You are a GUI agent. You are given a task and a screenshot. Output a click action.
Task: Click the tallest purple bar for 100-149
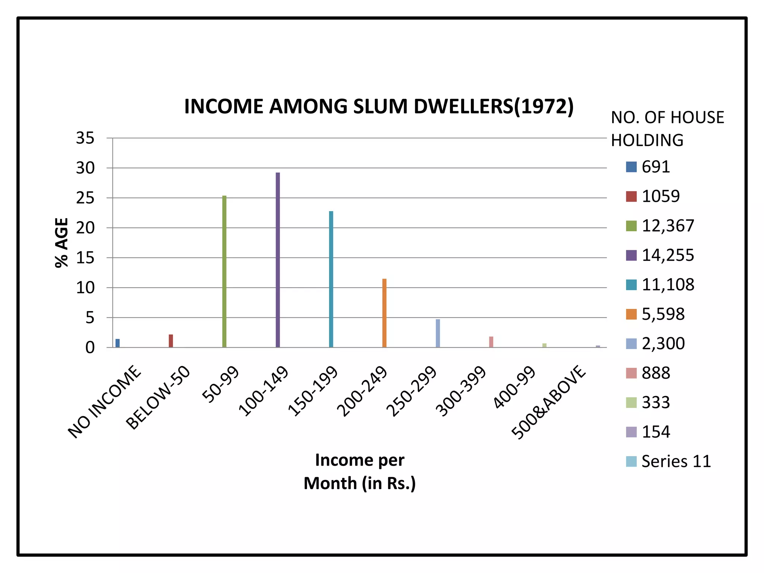pyautogui.click(x=278, y=260)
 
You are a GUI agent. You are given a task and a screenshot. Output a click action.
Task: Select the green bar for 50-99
pyautogui.click(x=224, y=272)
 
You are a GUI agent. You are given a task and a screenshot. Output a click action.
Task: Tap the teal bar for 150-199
pyautogui.click(x=331, y=279)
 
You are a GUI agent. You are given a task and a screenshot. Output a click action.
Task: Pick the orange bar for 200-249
pyautogui.click(x=384, y=313)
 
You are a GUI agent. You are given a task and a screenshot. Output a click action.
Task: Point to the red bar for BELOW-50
pyautogui.click(x=171, y=341)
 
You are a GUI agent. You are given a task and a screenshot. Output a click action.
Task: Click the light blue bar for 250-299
pyautogui.click(x=438, y=333)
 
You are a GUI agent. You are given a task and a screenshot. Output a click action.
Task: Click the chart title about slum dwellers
pyautogui.click(x=379, y=107)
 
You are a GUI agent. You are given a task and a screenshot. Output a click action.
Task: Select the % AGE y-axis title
pyautogui.click(x=62, y=243)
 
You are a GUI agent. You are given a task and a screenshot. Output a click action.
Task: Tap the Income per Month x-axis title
pyautogui.click(x=360, y=472)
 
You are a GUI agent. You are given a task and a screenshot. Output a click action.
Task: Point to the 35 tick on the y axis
pyautogui.click(x=85, y=138)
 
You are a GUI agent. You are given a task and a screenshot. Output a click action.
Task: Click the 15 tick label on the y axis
pyautogui.click(x=85, y=258)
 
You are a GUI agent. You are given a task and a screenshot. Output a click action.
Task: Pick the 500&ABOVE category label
pyautogui.click(x=548, y=402)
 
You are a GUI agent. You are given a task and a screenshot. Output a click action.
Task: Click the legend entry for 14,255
pyautogui.click(x=660, y=256)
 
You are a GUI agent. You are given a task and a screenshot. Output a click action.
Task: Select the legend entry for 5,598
pyautogui.click(x=655, y=314)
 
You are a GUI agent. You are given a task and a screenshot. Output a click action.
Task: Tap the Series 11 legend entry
pyautogui.click(x=668, y=462)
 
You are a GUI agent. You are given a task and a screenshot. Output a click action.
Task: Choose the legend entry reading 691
pyautogui.click(x=648, y=167)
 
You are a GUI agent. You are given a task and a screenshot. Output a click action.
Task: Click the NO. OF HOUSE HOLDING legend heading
pyautogui.click(x=667, y=129)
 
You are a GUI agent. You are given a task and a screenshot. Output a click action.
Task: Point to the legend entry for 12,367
pyautogui.click(x=660, y=226)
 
